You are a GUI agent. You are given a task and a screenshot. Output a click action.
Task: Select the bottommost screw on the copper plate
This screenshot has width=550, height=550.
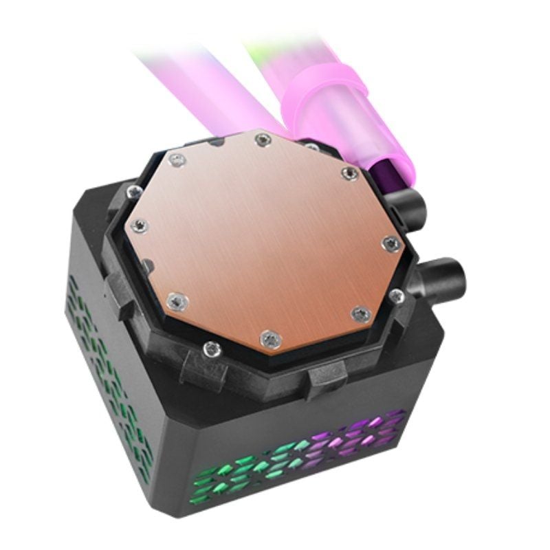coord(270,338)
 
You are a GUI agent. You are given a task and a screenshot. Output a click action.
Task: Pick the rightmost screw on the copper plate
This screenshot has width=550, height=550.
coord(390,242)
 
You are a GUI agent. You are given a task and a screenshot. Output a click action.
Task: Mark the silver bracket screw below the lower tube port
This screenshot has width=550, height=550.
coord(396,296)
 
